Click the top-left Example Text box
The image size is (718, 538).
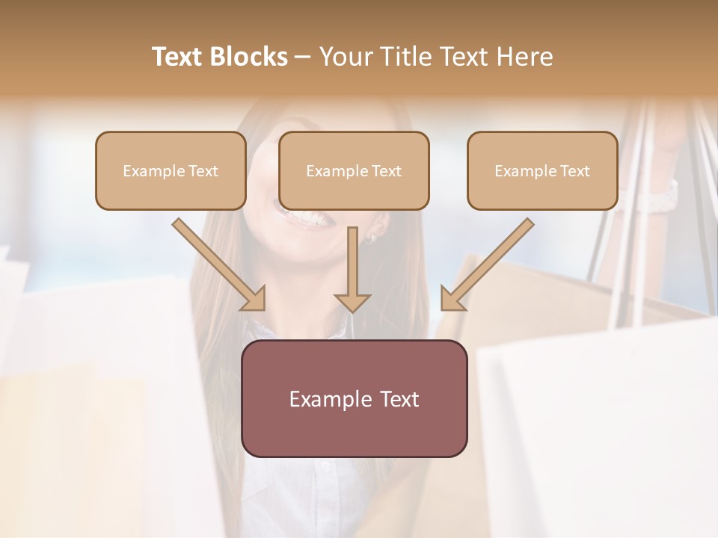pos(171,171)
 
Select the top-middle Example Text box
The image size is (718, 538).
pos(354,171)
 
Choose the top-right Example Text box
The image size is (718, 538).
pos(542,171)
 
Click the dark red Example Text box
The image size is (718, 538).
pos(354,398)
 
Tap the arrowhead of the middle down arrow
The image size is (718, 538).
pos(352,302)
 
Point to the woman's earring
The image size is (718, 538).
pos(370,238)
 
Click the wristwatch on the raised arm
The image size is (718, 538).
pos(661,197)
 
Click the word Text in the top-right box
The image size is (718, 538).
pos(575,171)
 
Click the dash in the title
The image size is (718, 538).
pos(303,58)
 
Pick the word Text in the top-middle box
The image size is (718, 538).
pos(387,171)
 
